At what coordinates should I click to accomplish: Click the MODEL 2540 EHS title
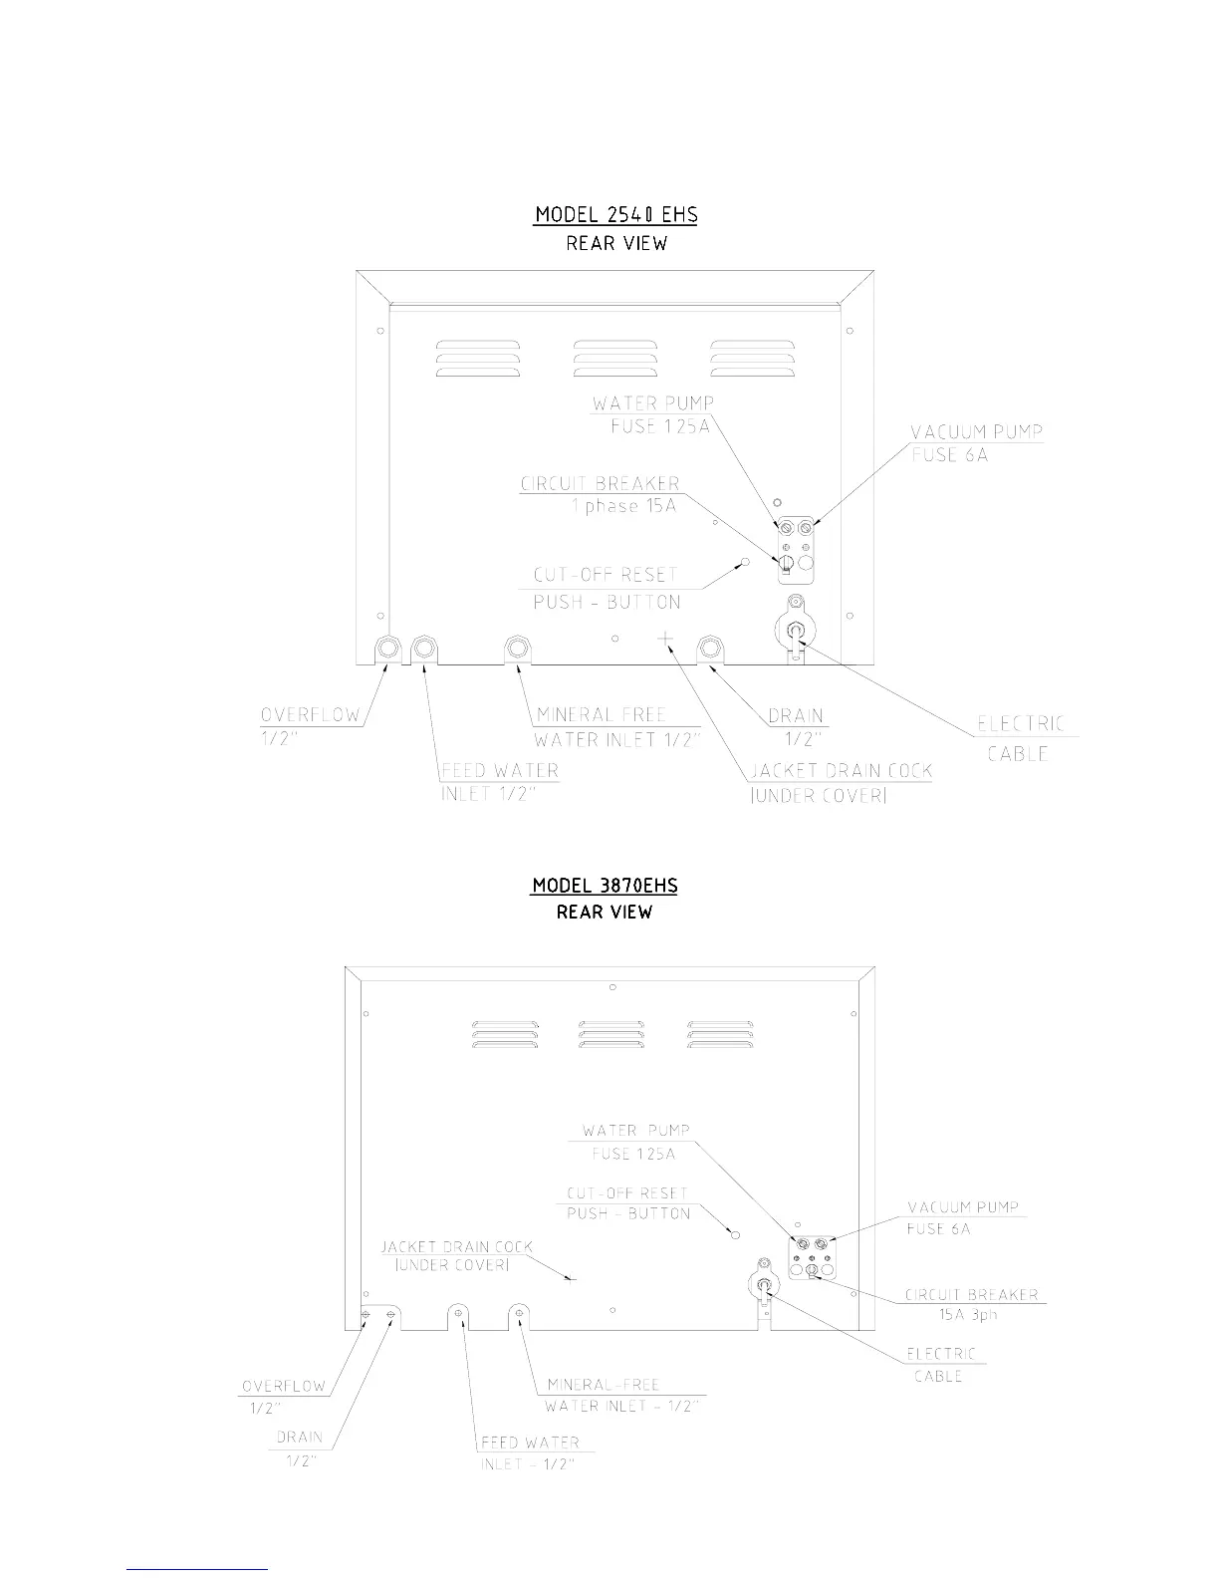point(616,214)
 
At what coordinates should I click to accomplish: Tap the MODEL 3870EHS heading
point(605,885)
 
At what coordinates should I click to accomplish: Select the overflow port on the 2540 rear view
point(388,649)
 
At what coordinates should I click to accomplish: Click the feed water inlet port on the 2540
point(423,649)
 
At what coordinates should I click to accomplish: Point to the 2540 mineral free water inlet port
point(517,649)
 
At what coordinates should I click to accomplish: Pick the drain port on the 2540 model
point(709,649)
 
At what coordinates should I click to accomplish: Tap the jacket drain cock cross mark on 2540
point(665,637)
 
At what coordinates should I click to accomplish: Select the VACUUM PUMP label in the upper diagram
point(977,432)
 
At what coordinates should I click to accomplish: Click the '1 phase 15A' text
point(624,505)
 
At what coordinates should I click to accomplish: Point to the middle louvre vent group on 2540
point(615,359)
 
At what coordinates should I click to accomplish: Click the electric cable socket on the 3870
point(764,1285)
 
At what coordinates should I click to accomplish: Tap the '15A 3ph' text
point(967,1315)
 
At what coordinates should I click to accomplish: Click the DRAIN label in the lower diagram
point(299,1437)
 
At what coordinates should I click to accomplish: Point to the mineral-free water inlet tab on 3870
point(520,1314)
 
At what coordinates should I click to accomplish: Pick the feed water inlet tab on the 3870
point(459,1314)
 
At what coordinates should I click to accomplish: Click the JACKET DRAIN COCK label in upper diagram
point(841,771)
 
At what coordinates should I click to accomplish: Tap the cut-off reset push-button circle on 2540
point(743,562)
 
